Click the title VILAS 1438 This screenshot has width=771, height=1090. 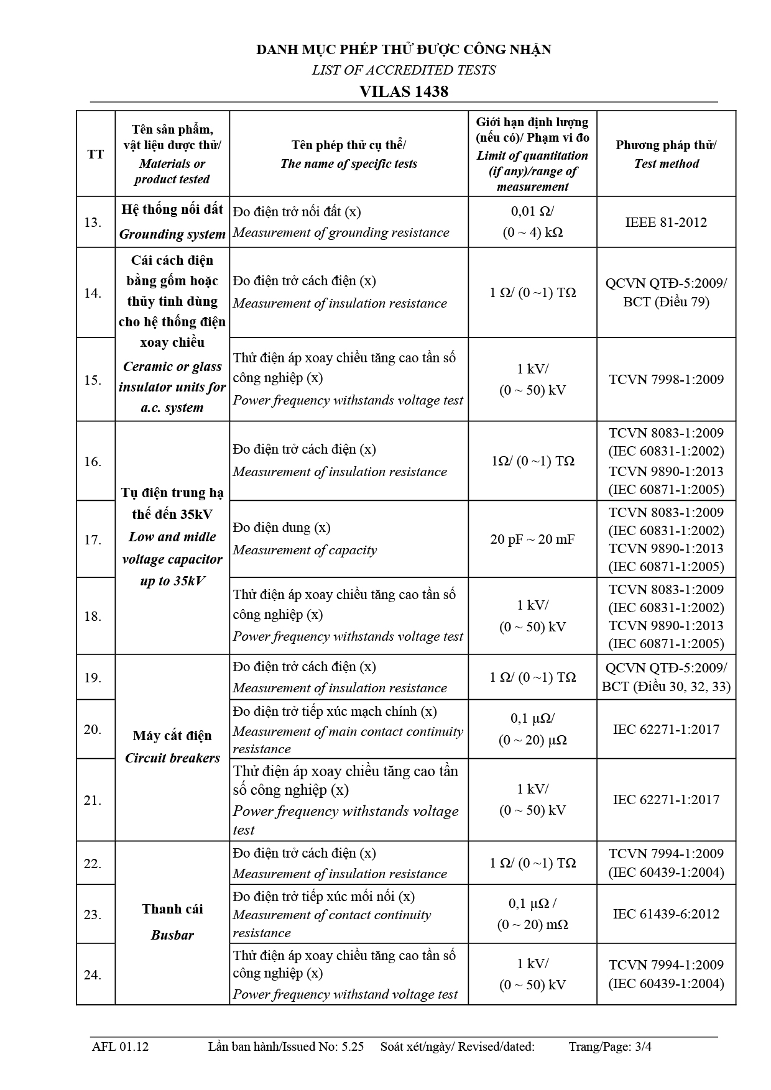[x=404, y=91]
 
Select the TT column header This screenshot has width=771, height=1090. [x=95, y=154]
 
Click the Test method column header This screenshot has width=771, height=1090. [x=666, y=154]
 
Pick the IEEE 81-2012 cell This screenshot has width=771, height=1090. [x=666, y=222]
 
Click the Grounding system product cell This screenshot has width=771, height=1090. [x=172, y=222]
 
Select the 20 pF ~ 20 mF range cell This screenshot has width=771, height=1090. [x=532, y=539]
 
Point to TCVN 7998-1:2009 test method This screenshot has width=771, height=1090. [x=666, y=380]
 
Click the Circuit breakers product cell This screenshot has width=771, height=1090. [x=172, y=746]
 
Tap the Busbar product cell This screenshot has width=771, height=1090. [x=172, y=922]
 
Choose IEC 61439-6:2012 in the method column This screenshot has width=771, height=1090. [x=666, y=914]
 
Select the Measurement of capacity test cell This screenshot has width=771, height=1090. [x=348, y=539]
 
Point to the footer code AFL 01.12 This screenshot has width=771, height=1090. [x=120, y=1046]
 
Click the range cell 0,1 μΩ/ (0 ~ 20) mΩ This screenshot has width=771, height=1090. [x=532, y=914]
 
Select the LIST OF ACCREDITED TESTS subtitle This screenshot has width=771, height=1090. [x=404, y=70]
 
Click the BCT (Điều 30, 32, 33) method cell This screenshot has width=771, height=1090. [x=666, y=677]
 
